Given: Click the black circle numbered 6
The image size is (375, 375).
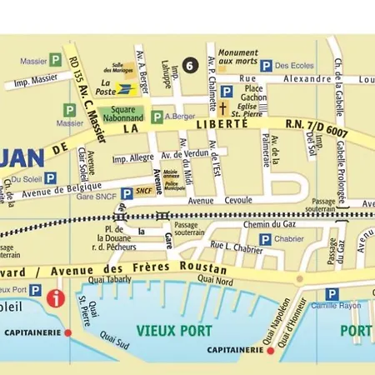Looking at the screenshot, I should (190, 65).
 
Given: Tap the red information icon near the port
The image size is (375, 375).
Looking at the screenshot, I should (55, 298).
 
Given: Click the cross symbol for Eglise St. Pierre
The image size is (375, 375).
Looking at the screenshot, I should (223, 108).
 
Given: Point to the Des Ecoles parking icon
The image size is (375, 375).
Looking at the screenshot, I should (266, 65).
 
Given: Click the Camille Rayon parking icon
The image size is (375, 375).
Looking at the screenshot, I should (332, 294).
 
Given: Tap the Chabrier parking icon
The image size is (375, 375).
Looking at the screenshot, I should (265, 239).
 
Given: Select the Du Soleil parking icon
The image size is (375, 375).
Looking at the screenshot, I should (50, 177).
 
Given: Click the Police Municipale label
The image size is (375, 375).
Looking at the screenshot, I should (173, 189).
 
